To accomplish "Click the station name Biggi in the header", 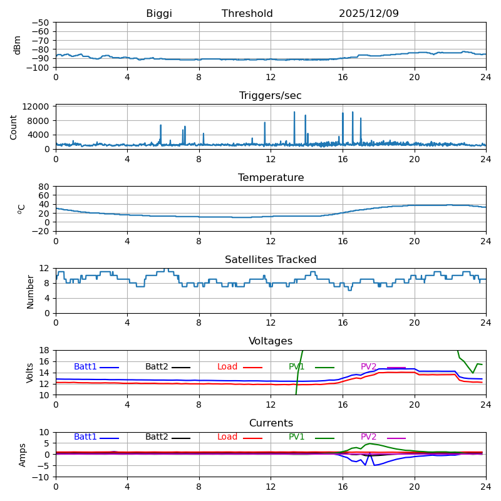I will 159,14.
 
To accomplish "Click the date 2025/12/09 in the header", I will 369,14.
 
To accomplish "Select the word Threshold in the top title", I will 247,14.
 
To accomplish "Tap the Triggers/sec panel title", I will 271,96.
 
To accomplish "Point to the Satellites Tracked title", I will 271,260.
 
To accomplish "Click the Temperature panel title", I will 271,178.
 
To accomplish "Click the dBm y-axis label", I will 18,45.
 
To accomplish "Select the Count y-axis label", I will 14,127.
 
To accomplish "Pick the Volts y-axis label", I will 30,373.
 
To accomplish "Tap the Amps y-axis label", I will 23,455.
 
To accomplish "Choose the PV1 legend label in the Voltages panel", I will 297,367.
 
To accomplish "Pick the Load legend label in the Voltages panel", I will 227,367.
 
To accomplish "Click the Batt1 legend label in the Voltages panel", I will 85,367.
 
